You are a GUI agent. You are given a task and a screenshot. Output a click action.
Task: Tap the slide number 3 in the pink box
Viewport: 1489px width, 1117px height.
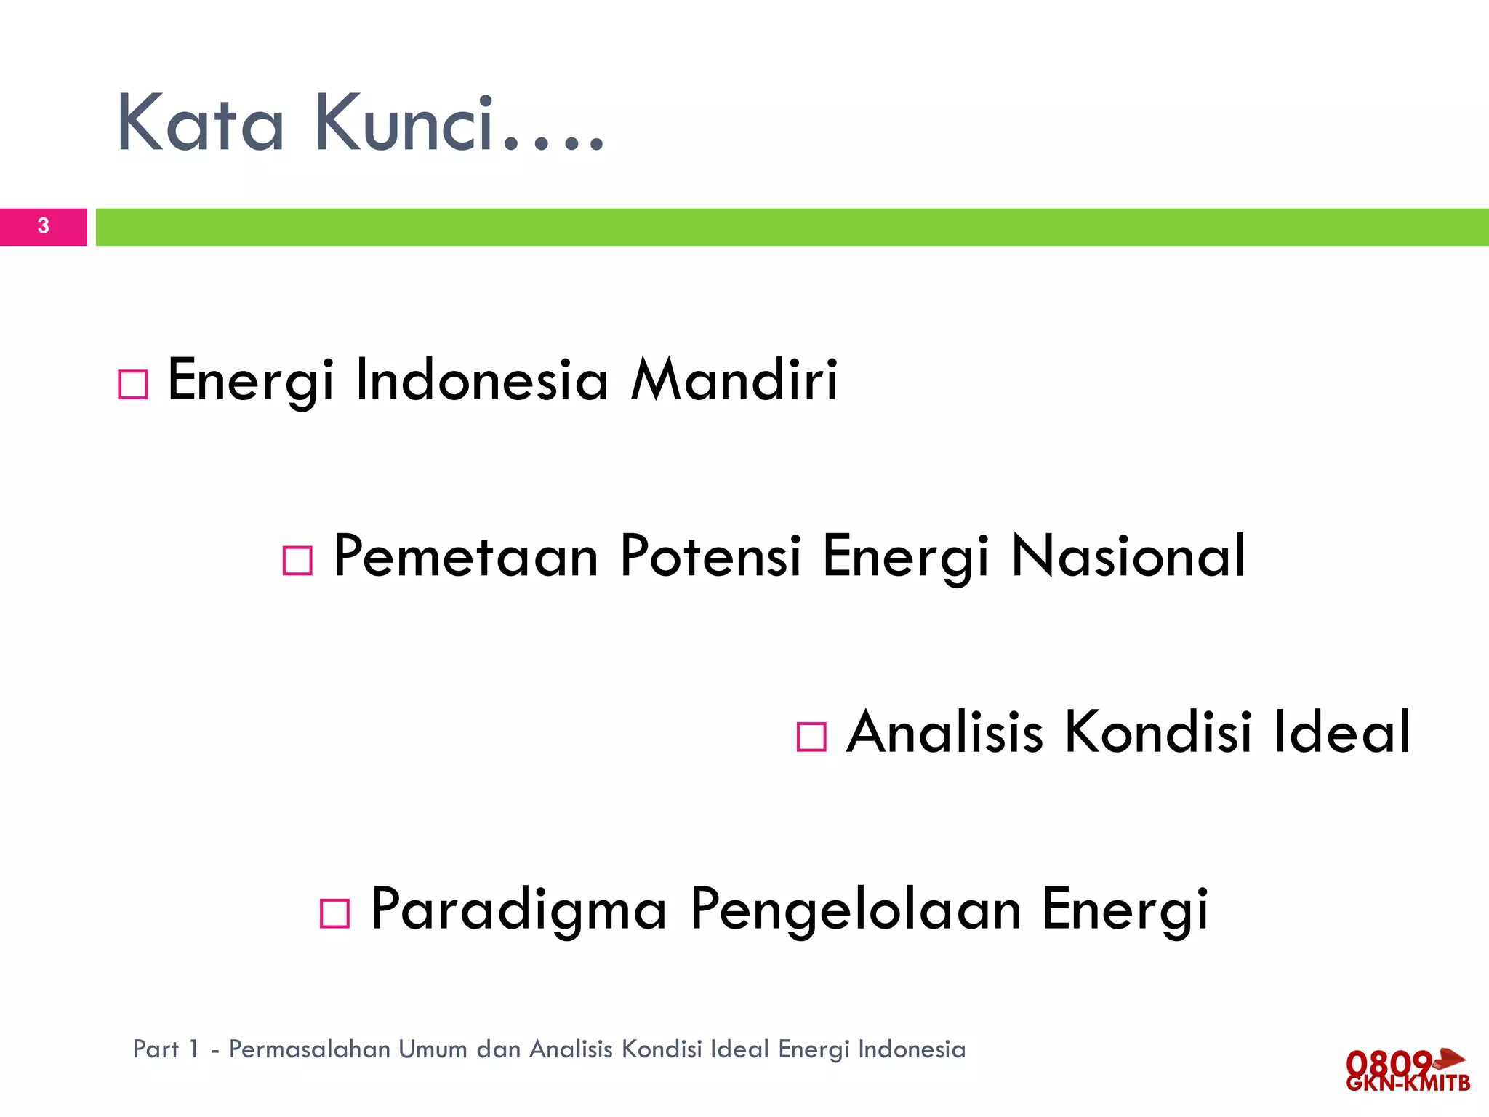pos(44,226)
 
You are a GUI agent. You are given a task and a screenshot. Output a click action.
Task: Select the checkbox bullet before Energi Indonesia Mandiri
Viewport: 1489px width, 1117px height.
pos(133,384)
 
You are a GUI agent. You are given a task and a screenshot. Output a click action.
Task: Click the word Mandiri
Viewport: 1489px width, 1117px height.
pos(734,380)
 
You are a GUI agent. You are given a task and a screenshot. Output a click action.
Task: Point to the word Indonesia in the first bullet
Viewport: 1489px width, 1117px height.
pos(481,380)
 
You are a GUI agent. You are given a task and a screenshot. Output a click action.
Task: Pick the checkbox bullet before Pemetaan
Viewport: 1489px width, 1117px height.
pos(297,561)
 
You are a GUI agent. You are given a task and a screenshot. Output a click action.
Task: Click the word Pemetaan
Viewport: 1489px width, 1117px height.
pos(466,556)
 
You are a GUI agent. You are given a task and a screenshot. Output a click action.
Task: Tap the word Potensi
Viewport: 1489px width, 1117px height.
pos(710,556)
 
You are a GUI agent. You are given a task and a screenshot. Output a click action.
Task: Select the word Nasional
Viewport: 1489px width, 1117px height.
pos(1129,556)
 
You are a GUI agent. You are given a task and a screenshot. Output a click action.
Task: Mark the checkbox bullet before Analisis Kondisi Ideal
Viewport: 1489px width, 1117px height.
pos(811,737)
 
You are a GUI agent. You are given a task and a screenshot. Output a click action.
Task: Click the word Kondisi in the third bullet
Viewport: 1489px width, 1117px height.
pos(1158,732)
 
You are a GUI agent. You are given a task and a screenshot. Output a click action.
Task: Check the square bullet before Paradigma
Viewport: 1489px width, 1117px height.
pos(335,913)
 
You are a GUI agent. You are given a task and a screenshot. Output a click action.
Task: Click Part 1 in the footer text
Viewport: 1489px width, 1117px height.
pos(166,1049)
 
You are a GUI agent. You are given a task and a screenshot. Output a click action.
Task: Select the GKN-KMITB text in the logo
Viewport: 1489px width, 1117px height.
pos(1408,1084)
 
